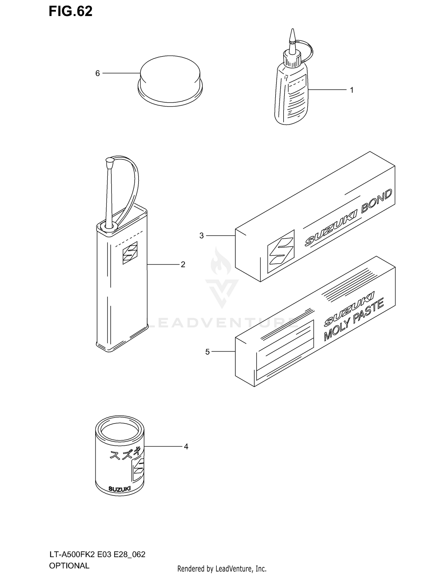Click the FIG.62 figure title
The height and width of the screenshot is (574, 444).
tap(70, 12)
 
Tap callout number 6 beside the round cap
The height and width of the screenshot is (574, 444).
tap(98, 73)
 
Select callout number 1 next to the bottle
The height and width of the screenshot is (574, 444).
tap(352, 90)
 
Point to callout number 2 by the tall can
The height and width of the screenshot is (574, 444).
tap(183, 264)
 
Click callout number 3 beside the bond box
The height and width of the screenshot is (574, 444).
tap(202, 236)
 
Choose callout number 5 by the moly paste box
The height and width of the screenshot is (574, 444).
tap(207, 352)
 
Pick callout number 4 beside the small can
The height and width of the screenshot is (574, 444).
tap(186, 447)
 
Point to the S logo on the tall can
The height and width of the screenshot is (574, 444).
tap(130, 253)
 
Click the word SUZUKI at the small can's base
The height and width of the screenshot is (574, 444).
tap(119, 489)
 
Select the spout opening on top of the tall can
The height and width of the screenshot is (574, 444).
tap(109, 226)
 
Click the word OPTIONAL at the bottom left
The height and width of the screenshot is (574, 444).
tap(69, 566)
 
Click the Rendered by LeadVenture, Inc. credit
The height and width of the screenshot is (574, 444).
tap(222, 568)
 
